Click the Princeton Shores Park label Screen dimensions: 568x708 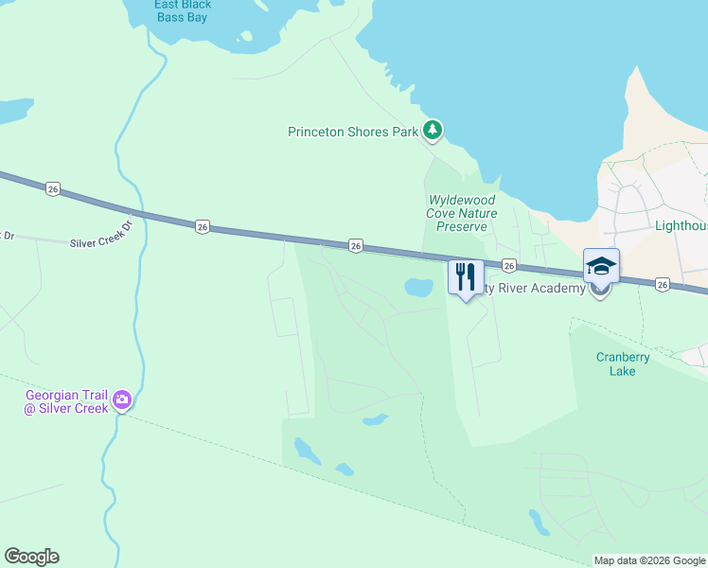(352, 133)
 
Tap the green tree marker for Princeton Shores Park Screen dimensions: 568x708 (433, 129)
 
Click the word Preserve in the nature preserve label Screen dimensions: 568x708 (462, 227)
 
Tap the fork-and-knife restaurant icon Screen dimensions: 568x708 (465, 276)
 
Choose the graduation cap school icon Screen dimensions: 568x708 (601, 265)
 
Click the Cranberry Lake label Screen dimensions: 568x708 (623, 364)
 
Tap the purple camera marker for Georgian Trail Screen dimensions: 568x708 (122, 401)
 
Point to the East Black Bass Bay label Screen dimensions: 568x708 (183, 10)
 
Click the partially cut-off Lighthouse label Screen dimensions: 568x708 (681, 227)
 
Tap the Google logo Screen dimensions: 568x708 (32, 557)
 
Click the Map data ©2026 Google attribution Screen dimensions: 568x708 (650, 560)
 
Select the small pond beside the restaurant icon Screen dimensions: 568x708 (416, 286)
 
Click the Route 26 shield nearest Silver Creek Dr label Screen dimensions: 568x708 (203, 226)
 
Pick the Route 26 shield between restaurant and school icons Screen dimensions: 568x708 (508, 266)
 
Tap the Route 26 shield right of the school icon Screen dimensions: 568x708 (662, 284)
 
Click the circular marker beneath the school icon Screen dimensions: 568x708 (599, 291)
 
